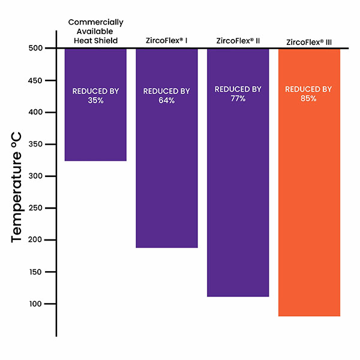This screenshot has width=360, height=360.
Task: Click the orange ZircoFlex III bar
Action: (x=309, y=182)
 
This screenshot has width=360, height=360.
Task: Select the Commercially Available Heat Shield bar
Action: (x=95, y=104)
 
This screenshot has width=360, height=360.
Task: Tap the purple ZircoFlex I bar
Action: (x=167, y=148)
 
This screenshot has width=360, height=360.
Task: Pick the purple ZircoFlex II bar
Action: (x=238, y=173)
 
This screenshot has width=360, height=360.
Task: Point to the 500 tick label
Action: (x=35, y=48)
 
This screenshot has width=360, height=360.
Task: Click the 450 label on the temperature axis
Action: (x=35, y=80)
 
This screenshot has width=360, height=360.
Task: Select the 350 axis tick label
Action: (x=35, y=144)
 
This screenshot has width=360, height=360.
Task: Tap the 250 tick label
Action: (x=35, y=208)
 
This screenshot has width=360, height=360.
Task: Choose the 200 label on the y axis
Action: (x=35, y=239)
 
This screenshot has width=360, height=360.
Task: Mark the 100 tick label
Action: (x=35, y=304)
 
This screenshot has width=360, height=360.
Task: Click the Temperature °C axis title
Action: (x=17, y=187)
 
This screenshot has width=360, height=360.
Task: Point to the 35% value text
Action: (x=95, y=100)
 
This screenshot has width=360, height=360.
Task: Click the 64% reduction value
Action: (x=167, y=100)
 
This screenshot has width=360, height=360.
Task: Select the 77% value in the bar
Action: (x=238, y=98)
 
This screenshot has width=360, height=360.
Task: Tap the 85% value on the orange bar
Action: (x=308, y=98)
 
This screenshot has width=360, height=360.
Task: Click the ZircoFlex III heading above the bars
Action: (x=309, y=42)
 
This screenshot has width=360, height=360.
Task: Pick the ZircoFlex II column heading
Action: (x=238, y=41)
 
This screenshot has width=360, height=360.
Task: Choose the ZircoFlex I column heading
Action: (x=167, y=41)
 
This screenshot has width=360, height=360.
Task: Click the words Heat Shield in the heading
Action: (x=96, y=41)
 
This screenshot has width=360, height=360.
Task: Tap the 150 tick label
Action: (x=35, y=272)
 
